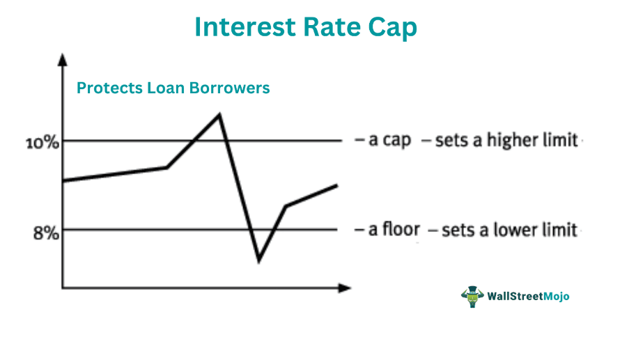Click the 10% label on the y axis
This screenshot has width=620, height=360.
click(42, 143)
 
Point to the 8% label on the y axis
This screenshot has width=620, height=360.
click(46, 233)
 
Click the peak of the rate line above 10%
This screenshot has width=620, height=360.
click(219, 114)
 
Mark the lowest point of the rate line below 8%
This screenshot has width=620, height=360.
click(258, 260)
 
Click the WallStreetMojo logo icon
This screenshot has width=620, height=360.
click(473, 296)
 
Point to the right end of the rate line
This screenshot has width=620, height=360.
click(337, 185)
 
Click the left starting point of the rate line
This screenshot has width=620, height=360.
click(63, 181)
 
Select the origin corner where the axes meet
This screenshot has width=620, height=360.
click(63, 288)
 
